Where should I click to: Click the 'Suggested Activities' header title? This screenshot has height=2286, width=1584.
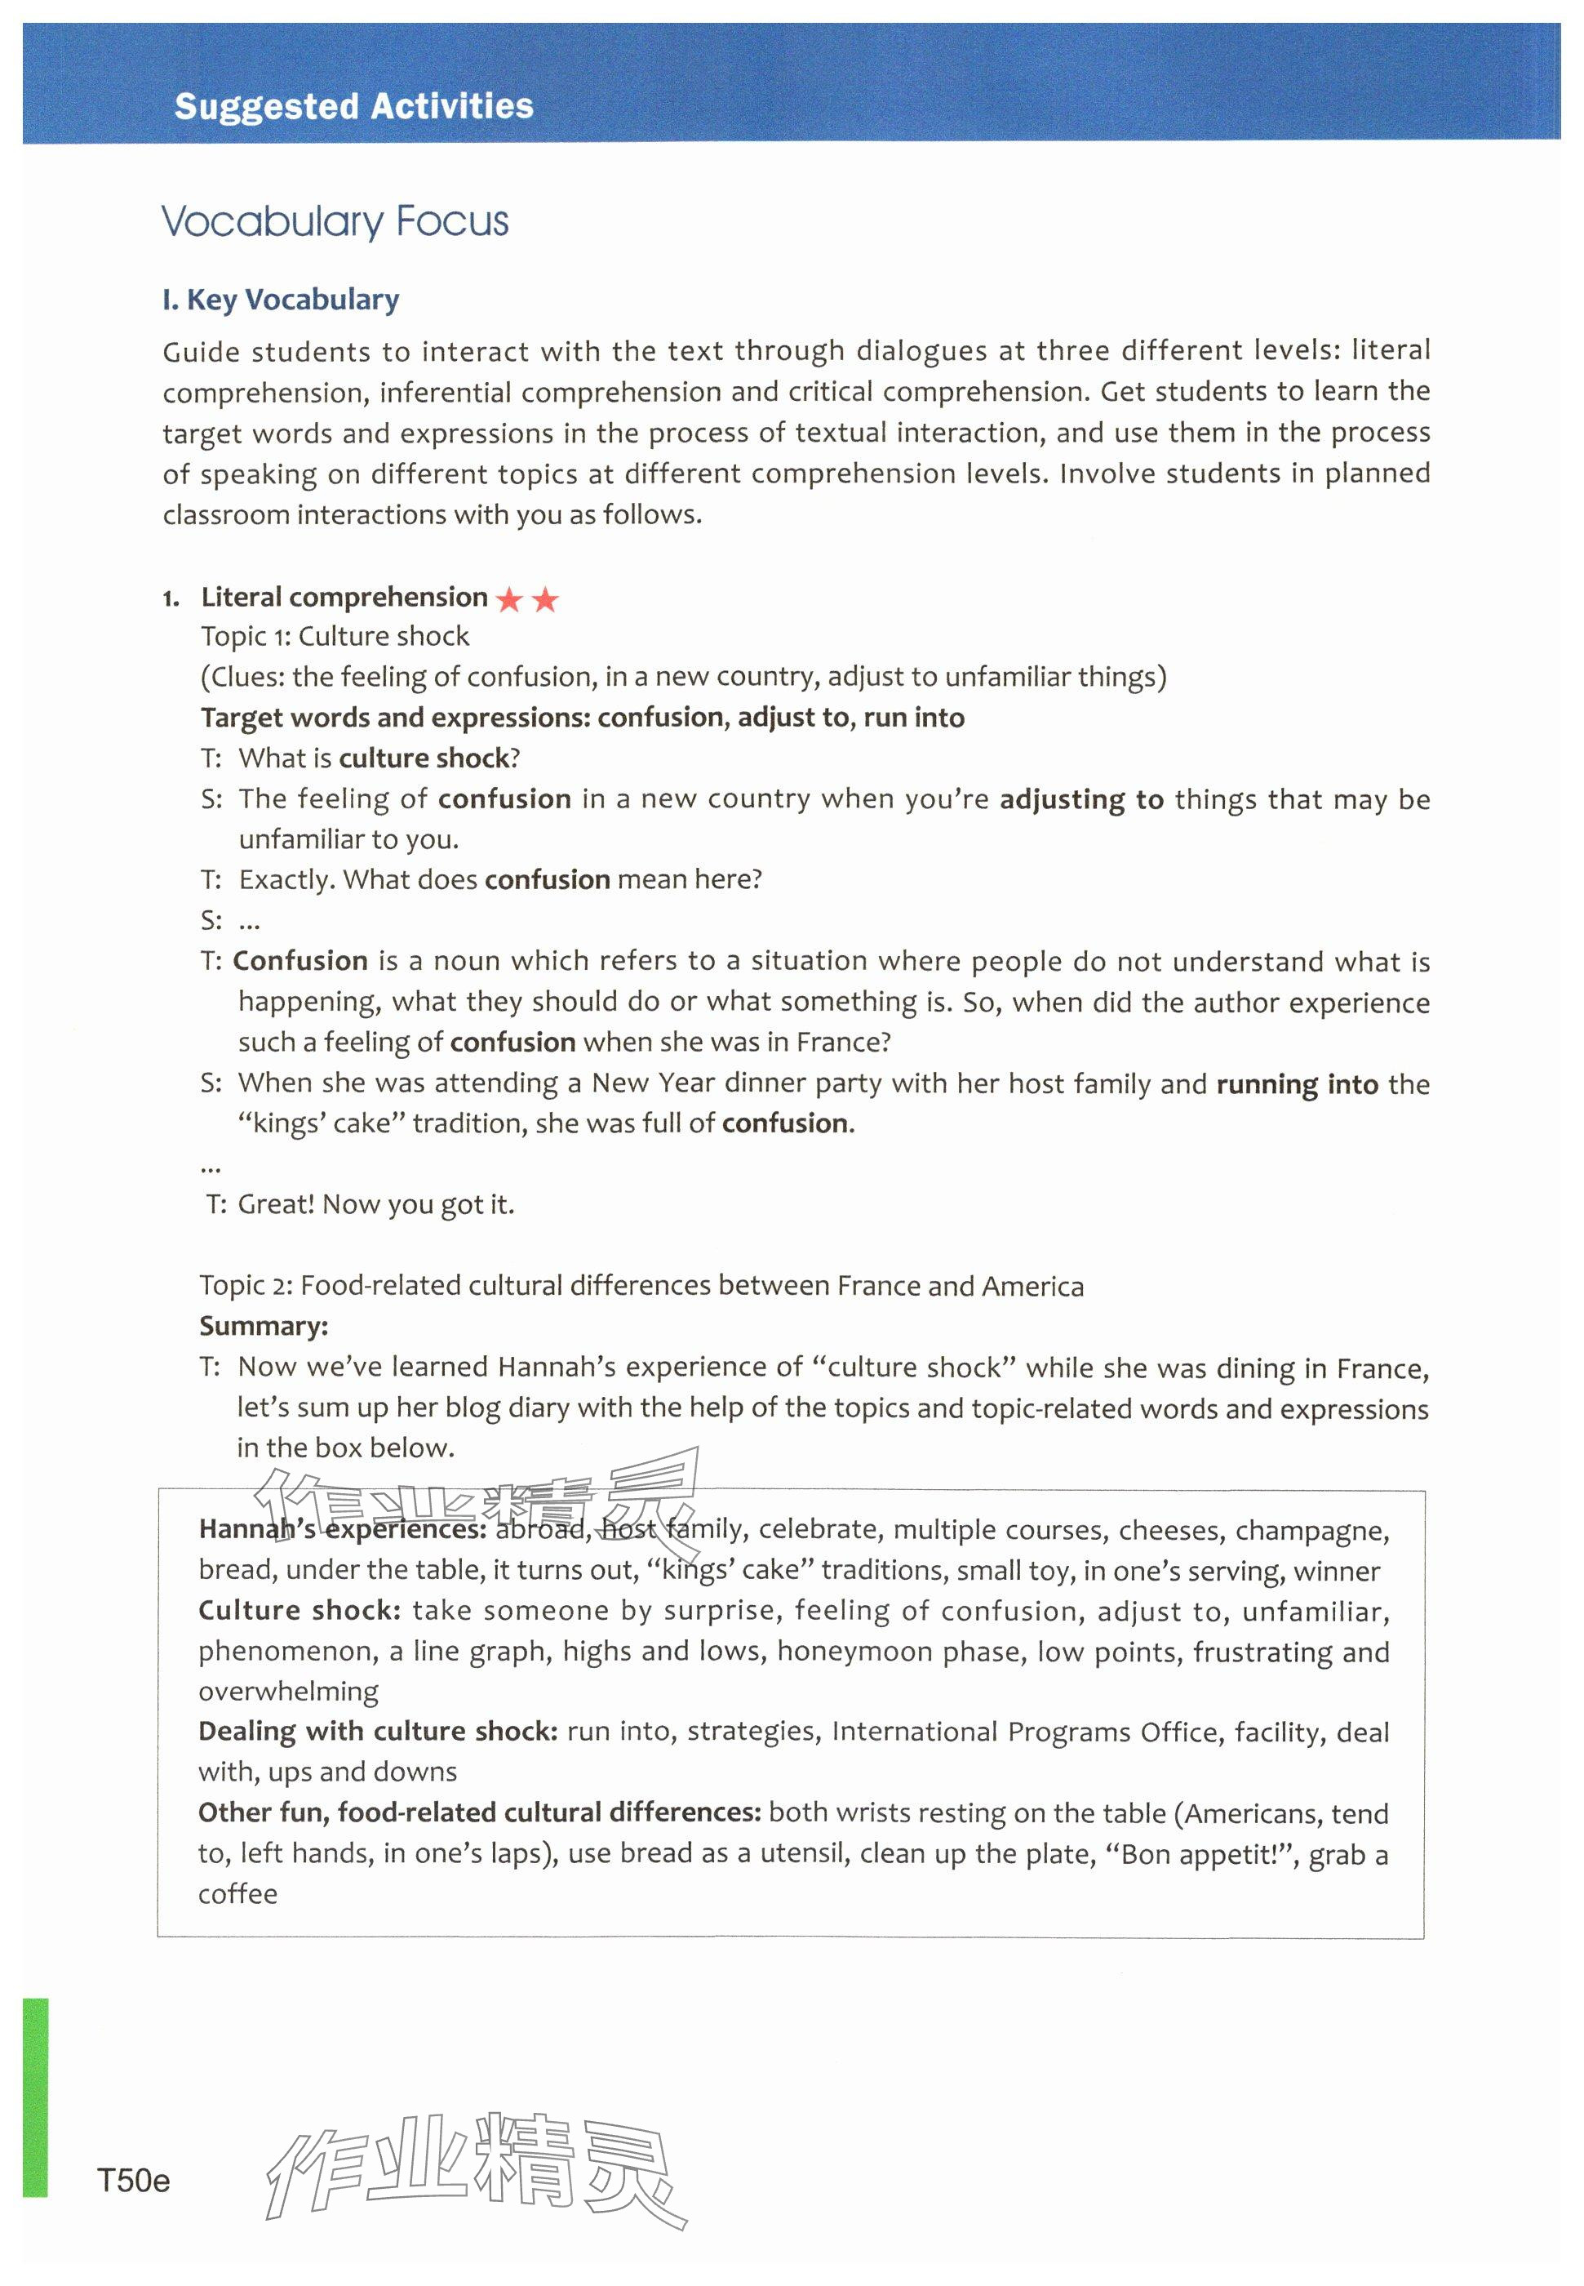point(353,106)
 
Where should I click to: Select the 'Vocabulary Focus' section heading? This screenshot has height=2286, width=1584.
point(335,221)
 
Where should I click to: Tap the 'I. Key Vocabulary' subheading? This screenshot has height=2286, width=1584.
point(280,300)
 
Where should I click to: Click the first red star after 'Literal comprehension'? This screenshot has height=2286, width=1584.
point(509,599)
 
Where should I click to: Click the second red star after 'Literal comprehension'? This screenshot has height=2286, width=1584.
point(545,599)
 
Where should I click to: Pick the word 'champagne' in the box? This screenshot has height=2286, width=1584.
point(1311,1531)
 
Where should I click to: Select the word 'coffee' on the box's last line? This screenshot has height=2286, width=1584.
point(237,1894)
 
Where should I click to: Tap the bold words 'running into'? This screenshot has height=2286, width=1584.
point(1298,1084)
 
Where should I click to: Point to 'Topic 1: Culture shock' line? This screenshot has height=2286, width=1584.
point(335,636)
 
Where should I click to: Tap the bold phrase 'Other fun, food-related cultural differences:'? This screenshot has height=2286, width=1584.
point(479,1813)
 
